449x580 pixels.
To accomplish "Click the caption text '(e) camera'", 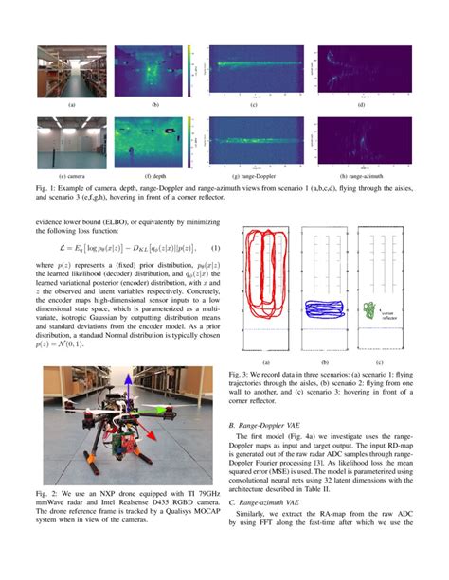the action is [72, 177].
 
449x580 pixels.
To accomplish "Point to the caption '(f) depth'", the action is [154, 177].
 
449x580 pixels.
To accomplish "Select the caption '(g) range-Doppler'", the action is [254, 177].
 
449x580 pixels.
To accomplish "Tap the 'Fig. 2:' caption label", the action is [46, 495].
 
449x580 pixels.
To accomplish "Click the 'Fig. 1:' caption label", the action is [46, 190].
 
